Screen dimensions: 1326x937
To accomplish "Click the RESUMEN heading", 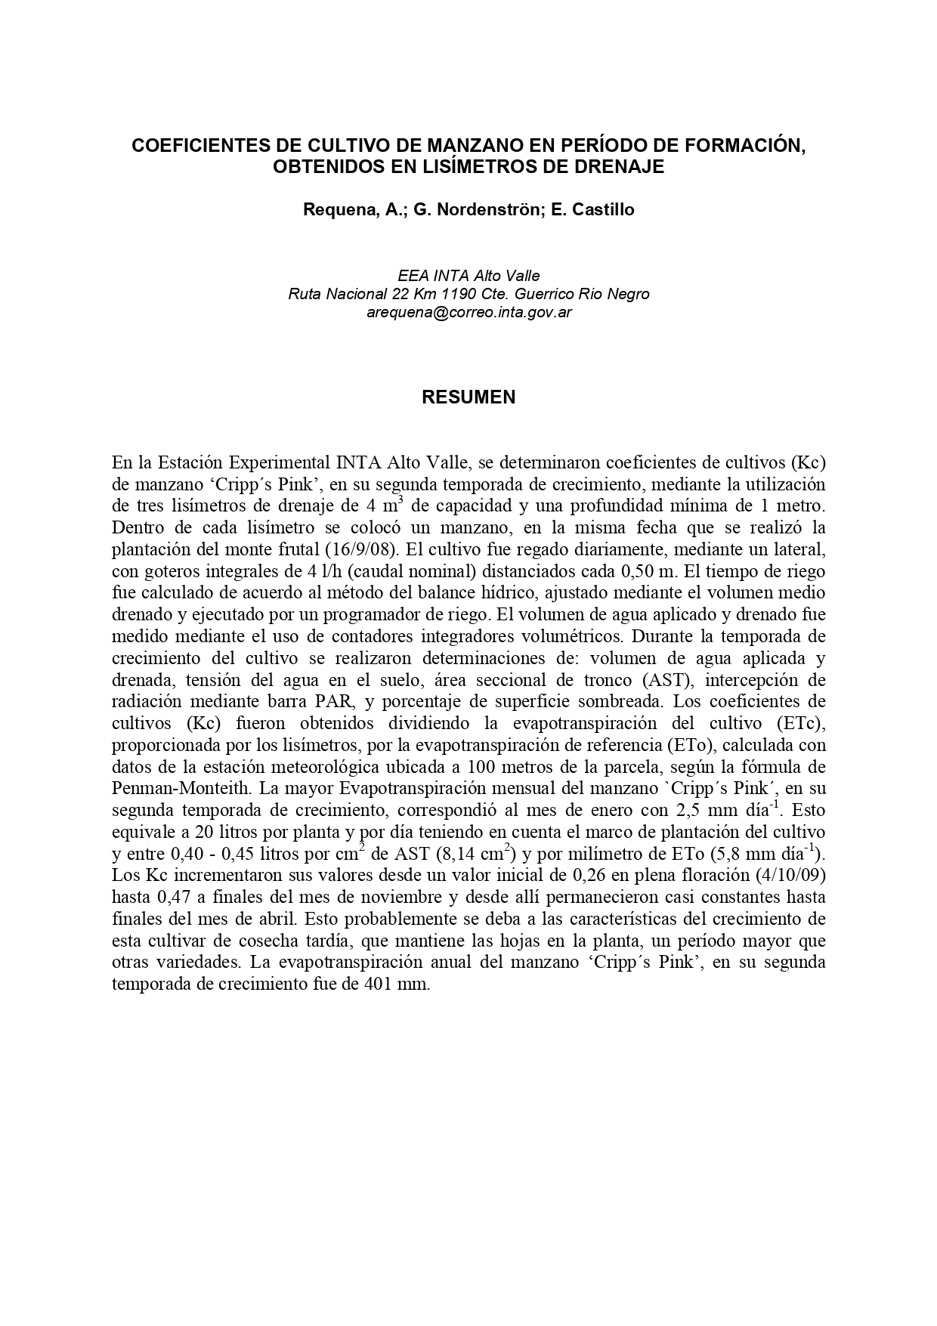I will [468, 397].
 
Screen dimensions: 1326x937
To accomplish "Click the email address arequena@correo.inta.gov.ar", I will [468, 312].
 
